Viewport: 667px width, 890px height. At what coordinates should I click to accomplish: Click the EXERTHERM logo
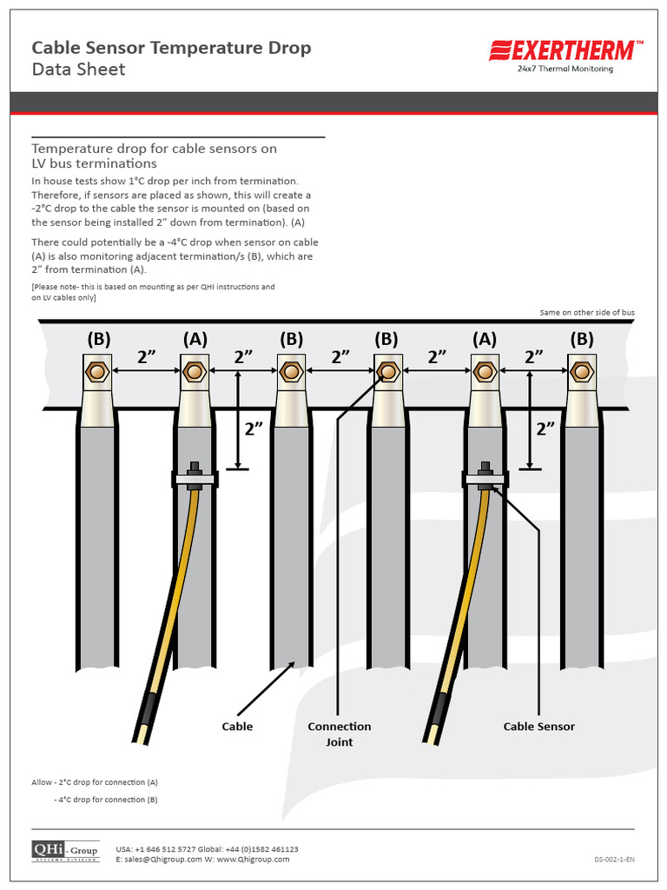click(566, 50)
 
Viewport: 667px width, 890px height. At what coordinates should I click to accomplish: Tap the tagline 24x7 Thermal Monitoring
click(565, 69)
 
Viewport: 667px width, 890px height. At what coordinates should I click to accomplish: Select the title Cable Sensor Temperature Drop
click(171, 48)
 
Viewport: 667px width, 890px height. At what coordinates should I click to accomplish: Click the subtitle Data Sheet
click(78, 70)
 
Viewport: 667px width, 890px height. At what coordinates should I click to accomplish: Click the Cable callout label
click(237, 727)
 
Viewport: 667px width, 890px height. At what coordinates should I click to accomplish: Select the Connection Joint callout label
click(339, 734)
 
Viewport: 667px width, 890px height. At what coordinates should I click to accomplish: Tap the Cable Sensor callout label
click(538, 727)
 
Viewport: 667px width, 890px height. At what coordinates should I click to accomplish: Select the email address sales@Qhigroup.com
click(159, 860)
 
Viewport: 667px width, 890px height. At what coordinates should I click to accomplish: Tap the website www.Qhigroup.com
click(252, 860)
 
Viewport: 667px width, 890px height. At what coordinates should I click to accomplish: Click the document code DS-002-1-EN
click(614, 860)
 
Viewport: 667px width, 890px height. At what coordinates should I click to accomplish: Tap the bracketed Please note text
click(153, 292)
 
